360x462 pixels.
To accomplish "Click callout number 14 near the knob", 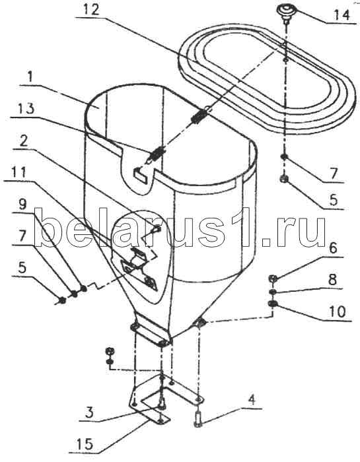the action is coord(342,14).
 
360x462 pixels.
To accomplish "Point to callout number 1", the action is coord(30,77).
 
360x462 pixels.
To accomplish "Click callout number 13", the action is coord(25,108).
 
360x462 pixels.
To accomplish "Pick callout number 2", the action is coord(23,141).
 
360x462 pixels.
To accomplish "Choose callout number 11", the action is coord(18,172).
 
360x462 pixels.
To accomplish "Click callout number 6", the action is coord(333,248).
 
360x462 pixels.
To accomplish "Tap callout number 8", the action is coord(332,279).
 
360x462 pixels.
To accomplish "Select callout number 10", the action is coord(338,312).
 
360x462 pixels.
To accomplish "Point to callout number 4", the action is coord(252,400).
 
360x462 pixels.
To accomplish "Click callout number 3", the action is coord(90,412).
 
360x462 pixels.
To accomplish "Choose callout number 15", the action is coord(85,444).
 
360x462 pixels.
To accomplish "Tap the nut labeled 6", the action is coord(273,278).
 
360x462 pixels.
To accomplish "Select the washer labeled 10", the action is coord(272,304).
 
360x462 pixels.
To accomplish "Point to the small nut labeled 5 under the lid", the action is coord(284,179).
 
